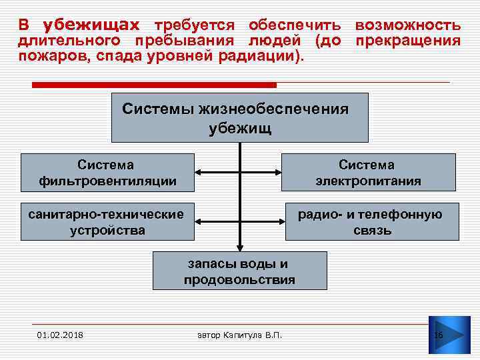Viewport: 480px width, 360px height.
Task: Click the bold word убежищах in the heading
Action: pyautogui.click(x=91, y=25)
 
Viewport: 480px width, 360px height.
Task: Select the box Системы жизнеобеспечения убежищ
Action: pyautogui.click(x=239, y=118)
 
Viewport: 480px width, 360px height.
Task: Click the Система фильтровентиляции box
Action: pyautogui.click(x=107, y=173)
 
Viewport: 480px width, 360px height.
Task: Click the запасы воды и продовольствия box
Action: pyautogui.click(x=240, y=271)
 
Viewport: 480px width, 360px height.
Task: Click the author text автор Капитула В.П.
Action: pyautogui.click(x=240, y=334)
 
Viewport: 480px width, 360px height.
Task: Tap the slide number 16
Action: pyautogui.click(x=439, y=334)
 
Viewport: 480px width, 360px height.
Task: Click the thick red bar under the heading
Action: pyautogui.click(x=154, y=85)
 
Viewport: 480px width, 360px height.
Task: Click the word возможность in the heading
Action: pyautogui.click(x=407, y=25)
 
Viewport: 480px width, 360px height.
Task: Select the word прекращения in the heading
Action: pyautogui.click(x=407, y=41)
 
